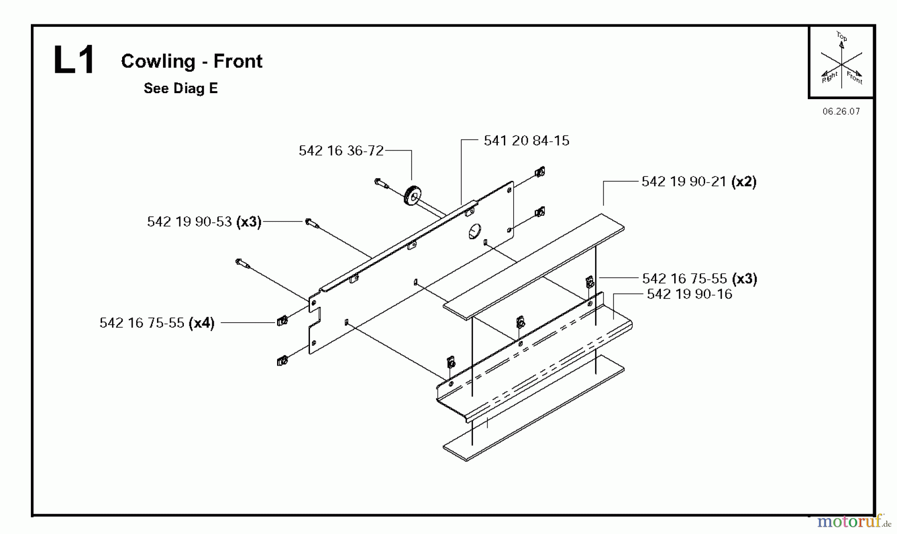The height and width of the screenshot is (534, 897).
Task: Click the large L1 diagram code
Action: pos(74,61)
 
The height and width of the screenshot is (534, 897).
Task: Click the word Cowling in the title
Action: pos(158,61)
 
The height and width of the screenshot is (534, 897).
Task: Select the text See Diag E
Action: pos(180,89)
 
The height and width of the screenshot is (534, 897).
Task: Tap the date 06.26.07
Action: pos(841,112)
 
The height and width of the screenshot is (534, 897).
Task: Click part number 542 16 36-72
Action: pos(341,150)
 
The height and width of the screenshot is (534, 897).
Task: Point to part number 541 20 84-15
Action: pos(526,140)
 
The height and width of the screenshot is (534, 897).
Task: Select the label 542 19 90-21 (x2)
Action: pos(699,182)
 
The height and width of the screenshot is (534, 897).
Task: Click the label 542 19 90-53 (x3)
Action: pos(204,222)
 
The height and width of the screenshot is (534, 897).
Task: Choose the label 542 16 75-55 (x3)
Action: pos(699,278)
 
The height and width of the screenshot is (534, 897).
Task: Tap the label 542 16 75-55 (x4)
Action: pos(157,323)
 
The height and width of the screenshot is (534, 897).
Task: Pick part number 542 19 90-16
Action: pos(689,294)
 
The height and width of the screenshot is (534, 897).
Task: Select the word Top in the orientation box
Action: pos(842,36)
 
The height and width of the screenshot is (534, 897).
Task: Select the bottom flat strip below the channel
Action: pos(533,408)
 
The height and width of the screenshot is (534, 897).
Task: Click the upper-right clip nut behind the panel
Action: pos(539,172)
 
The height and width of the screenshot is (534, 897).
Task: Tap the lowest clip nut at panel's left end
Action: pos(282,361)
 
